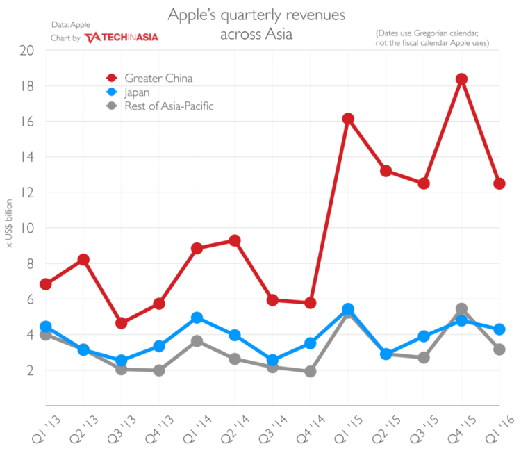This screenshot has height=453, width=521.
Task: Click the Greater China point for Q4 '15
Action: click(461, 79)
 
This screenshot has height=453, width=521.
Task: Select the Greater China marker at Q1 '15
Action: click(348, 119)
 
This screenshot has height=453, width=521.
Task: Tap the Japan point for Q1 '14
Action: click(197, 318)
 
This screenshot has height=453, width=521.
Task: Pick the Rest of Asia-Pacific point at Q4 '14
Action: click(311, 371)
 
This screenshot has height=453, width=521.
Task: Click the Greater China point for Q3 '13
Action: click(122, 323)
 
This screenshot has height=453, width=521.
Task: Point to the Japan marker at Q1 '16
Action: click(499, 329)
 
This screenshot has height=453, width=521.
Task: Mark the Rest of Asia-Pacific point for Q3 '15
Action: click(423, 357)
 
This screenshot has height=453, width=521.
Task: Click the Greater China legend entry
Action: click(158, 78)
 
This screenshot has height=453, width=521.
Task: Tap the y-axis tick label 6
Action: click(30, 299)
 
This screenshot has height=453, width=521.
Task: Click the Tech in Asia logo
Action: click(121, 38)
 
